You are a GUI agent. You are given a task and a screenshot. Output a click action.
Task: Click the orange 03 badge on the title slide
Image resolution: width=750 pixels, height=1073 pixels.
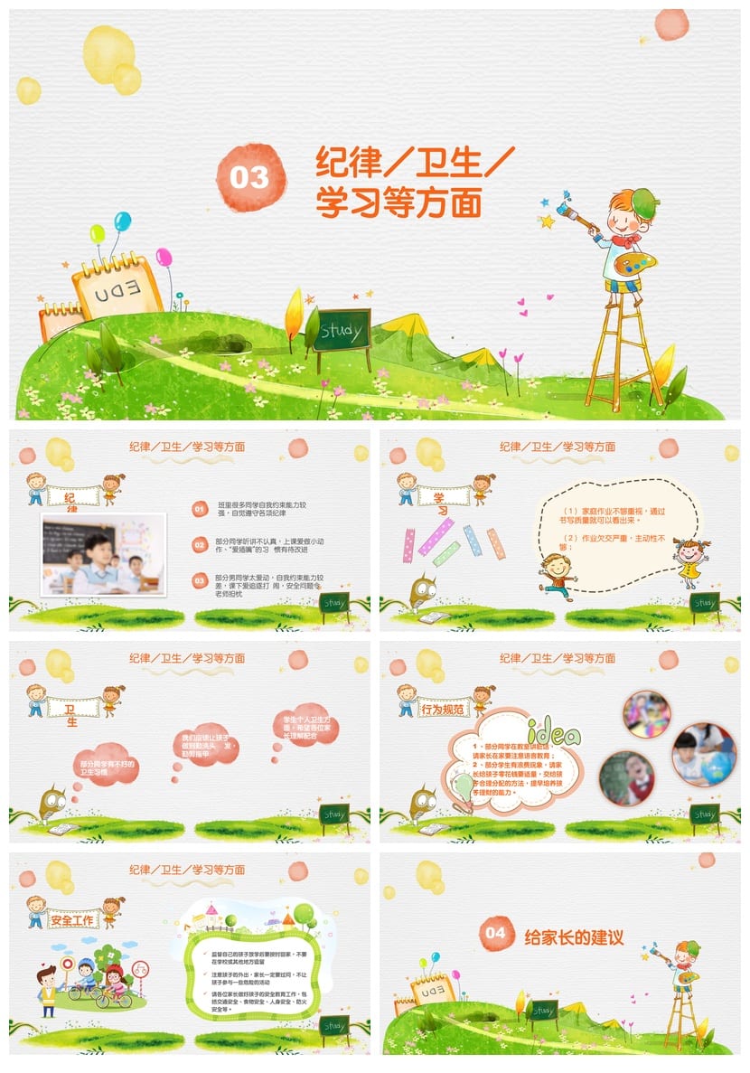click(x=249, y=177)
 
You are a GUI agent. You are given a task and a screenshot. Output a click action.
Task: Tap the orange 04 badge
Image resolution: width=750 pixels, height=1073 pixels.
click(x=494, y=933)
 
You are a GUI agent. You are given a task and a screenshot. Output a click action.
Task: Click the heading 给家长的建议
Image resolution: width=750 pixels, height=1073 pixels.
click(x=574, y=937)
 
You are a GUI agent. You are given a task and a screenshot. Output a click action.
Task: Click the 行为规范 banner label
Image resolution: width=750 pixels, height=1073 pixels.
click(x=445, y=710)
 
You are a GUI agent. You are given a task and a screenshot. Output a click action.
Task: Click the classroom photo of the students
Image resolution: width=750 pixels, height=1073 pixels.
click(x=103, y=555)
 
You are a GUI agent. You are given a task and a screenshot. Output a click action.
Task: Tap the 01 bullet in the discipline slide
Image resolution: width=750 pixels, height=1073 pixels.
click(x=200, y=510)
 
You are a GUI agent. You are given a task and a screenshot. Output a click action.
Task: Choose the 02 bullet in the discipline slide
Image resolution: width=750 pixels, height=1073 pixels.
click(x=200, y=544)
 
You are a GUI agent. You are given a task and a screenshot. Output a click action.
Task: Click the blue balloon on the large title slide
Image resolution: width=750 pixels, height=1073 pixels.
click(x=122, y=221)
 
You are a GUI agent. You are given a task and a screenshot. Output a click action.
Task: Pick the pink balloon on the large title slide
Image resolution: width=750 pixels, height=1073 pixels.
click(x=164, y=258)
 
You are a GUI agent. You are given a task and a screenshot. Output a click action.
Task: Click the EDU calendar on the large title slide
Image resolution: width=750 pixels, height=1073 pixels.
click(x=117, y=288)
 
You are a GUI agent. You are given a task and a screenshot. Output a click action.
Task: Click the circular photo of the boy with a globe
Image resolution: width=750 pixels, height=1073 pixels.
click(x=703, y=754)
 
